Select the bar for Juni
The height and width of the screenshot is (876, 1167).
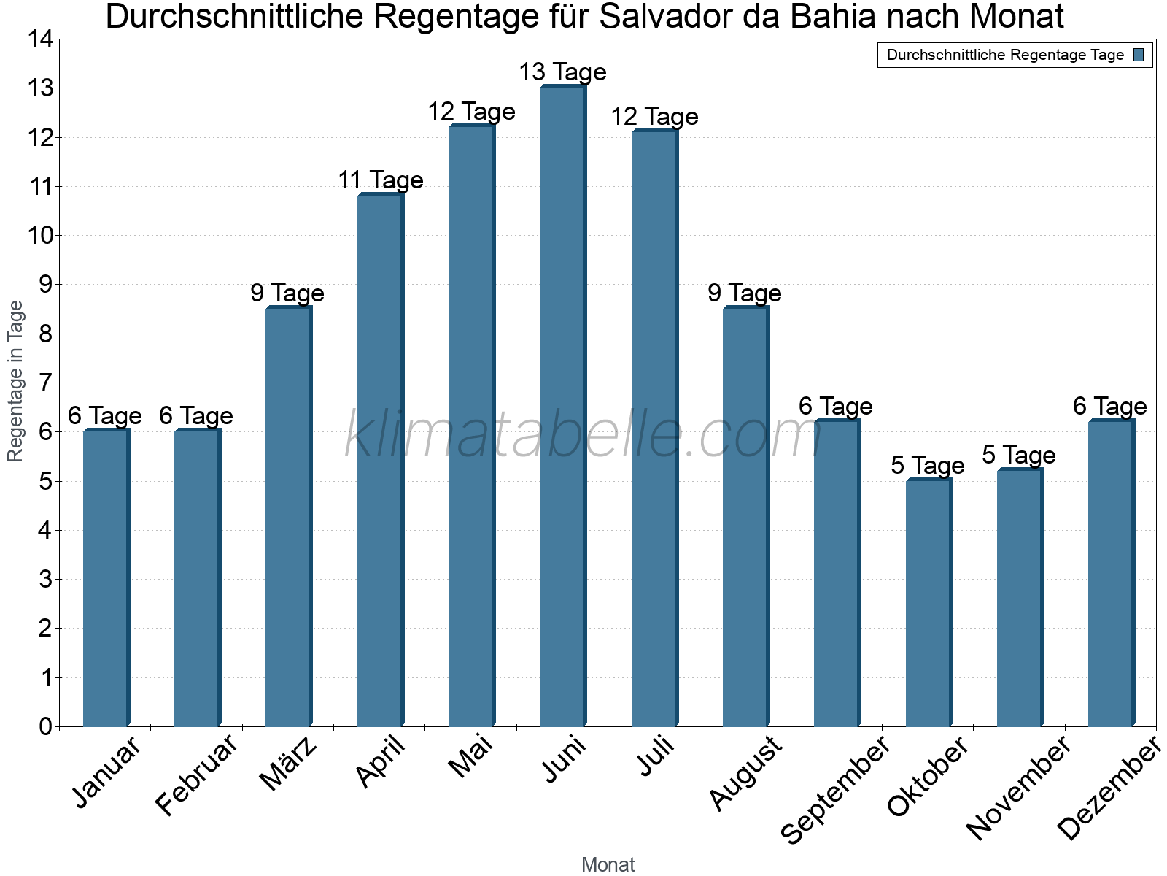pos(562,406)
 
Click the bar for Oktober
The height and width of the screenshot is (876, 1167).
pos(928,602)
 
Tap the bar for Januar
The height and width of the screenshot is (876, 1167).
pos(105,578)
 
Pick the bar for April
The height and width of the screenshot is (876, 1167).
pos(379,460)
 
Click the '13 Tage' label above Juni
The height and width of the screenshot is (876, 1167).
pos(562,72)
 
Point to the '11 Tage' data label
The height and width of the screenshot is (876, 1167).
pos(380,180)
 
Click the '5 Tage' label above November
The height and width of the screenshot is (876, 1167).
pos(1019,456)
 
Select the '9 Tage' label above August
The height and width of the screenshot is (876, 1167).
pos(745,293)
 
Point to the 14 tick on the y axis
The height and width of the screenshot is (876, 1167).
pos(42,39)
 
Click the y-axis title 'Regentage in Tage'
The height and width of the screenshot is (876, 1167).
pos(16,381)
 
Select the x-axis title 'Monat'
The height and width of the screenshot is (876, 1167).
pos(608,865)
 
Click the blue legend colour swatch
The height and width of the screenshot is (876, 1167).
pos(1139,55)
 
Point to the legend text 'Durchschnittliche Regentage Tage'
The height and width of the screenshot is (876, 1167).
pos(1005,55)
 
